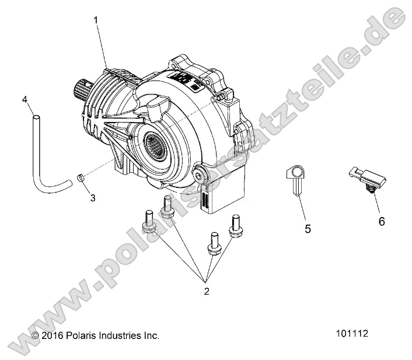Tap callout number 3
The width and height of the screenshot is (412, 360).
tap(92, 198)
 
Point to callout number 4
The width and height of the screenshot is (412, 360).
tap(25, 99)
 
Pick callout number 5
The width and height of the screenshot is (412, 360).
tap(308, 229)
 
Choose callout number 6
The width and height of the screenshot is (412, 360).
tap(382, 222)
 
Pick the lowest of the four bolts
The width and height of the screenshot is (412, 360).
tap(214, 244)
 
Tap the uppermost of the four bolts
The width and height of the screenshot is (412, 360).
tap(166, 207)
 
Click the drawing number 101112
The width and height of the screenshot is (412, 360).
tap(352, 334)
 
